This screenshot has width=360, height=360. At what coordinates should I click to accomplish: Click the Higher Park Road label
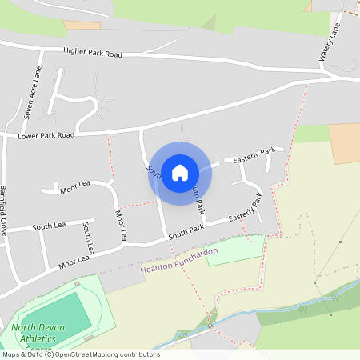93,54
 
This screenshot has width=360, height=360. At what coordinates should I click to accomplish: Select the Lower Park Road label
46,136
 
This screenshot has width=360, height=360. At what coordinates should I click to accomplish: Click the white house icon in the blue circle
179,173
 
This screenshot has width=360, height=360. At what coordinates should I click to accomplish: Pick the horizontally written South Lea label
48,227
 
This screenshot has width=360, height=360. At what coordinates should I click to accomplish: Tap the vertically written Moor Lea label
121,226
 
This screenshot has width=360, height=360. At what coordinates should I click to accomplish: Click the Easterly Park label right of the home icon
254,155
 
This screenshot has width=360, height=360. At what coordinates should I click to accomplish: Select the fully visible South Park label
186,230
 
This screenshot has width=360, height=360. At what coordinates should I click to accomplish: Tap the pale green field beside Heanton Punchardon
234,250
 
